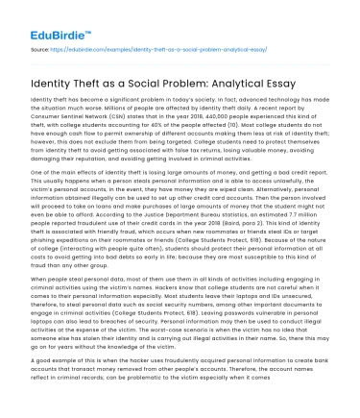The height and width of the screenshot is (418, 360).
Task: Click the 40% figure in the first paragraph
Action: point(164,132)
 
